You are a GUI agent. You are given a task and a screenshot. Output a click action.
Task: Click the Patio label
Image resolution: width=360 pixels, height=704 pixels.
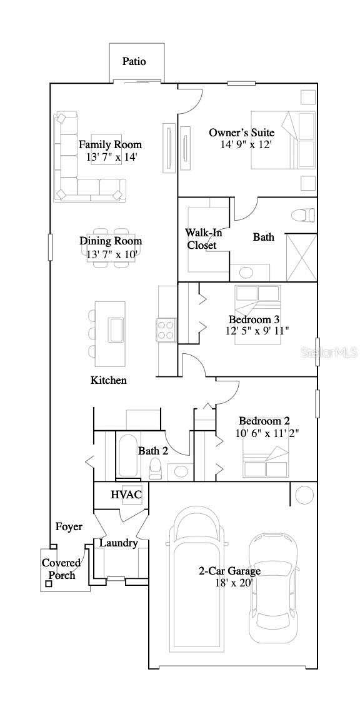[x=134, y=61]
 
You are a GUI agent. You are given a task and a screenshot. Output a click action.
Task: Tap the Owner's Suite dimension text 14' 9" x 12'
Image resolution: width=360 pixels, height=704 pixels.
[x=246, y=144]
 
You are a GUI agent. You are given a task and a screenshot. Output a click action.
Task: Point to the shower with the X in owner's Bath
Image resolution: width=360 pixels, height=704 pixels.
[x=301, y=258]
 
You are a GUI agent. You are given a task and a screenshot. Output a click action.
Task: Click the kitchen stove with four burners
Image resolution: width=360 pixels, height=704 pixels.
[x=166, y=329]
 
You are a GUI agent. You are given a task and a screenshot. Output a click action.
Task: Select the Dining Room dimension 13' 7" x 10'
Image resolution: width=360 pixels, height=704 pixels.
[x=110, y=254]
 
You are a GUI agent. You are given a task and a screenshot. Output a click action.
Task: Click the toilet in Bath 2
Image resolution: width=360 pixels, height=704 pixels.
[x=156, y=467]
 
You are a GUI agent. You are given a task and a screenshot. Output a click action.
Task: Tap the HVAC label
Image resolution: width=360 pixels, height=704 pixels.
[x=126, y=495]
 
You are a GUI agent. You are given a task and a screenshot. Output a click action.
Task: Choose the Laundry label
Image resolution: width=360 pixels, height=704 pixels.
[x=119, y=543]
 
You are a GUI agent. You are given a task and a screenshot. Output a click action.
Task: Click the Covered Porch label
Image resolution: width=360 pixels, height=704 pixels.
[x=61, y=569]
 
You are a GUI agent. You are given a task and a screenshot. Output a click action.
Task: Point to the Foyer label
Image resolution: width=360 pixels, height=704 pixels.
[x=69, y=527]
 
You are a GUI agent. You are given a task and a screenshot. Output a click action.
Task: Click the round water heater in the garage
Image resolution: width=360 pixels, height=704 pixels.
[x=304, y=495]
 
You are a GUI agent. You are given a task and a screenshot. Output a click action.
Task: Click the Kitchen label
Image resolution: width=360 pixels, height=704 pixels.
[x=109, y=380]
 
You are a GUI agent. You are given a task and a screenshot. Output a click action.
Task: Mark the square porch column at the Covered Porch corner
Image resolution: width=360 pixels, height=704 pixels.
[x=48, y=585]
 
